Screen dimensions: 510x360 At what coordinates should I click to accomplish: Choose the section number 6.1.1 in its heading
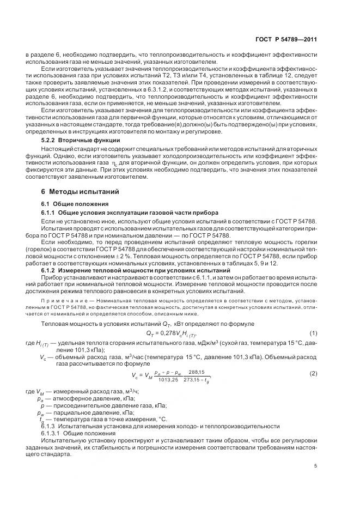(x=50, y=212)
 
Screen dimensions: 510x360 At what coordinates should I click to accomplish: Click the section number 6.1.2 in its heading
(x=50, y=270)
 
